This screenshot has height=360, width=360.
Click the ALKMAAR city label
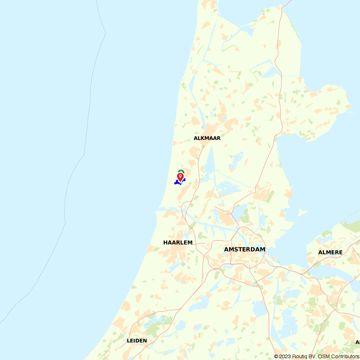[x=207, y=138]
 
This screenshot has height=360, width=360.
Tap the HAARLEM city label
[x=178, y=243]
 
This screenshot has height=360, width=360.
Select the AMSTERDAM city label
[x=244, y=249]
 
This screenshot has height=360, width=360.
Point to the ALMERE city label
[x=330, y=252]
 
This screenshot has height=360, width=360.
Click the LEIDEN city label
[x=137, y=341]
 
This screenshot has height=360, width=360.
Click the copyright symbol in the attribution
[x=276, y=356]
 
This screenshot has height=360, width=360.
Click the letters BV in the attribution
[x=312, y=356]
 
